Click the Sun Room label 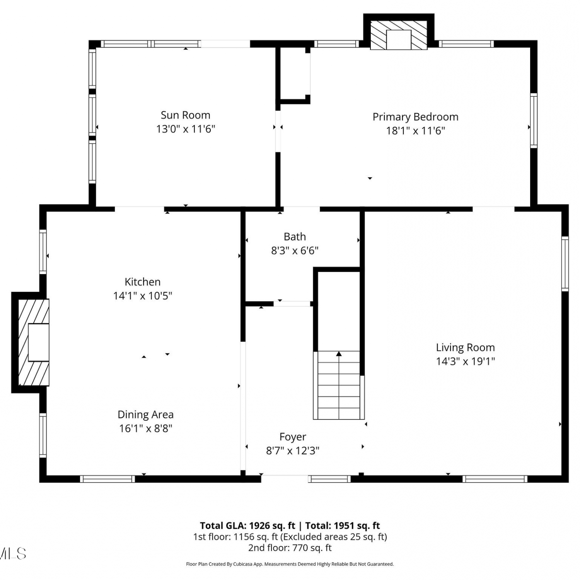point(186,115)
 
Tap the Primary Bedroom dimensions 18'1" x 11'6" point(416,130)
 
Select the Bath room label point(295,237)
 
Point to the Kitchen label point(143,282)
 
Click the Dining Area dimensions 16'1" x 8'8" point(146,428)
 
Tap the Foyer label point(293,437)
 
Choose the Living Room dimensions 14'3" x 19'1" point(466,361)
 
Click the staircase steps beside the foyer point(339,385)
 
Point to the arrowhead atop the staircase point(339,353)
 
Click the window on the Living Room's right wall point(565,264)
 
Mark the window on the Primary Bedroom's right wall point(534,121)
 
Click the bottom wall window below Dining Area point(107,479)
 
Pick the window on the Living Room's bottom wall point(495,479)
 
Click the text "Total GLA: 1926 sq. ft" point(247,526)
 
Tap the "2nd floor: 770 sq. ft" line point(290,548)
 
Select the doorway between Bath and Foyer point(292,304)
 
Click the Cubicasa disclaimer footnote point(290,564)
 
